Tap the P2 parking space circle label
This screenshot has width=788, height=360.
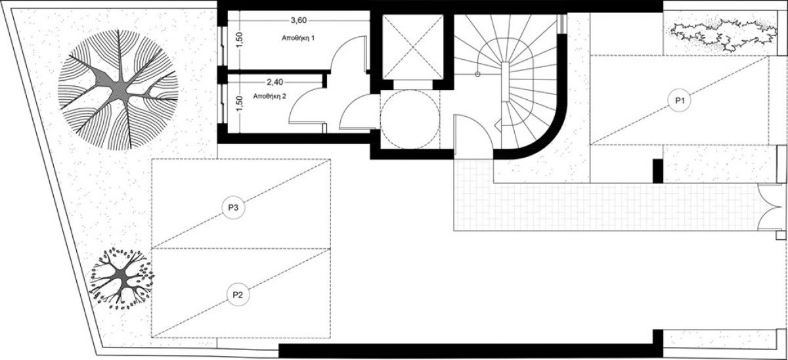coord(238,294)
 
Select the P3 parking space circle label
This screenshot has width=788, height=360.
coord(233,208)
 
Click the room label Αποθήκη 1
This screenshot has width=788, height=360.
coord(298,38)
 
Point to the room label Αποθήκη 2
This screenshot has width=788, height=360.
coord(269,96)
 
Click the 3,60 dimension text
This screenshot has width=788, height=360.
coord(299,20)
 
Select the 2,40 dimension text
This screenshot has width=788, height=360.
coord(274,82)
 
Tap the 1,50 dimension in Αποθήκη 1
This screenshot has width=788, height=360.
coord(240,41)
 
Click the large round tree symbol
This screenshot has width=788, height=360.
coord(118,90)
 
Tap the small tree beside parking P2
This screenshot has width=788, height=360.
coord(122,279)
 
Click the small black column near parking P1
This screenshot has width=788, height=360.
coord(658,171)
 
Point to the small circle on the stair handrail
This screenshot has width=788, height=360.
coord(477,74)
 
